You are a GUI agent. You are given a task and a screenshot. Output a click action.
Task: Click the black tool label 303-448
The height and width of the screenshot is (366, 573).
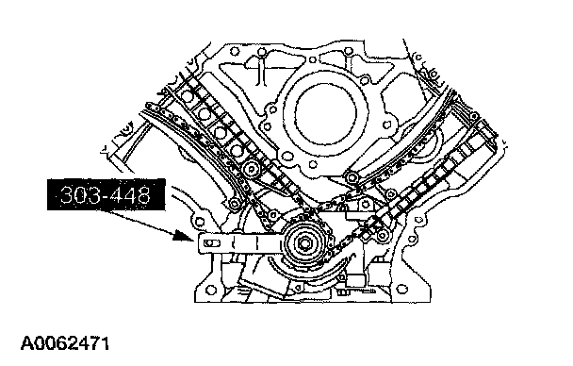106,194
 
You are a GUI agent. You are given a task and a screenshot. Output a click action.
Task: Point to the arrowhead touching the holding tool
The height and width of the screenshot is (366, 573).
184,236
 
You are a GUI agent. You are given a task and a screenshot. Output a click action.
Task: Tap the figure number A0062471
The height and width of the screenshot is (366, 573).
65,343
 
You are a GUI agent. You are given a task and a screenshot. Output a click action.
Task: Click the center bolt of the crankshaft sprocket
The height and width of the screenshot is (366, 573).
303,242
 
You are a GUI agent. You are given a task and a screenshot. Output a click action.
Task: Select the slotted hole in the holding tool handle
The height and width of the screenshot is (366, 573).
212,242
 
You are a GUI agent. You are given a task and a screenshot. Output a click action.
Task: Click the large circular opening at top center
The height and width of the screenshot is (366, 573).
325,112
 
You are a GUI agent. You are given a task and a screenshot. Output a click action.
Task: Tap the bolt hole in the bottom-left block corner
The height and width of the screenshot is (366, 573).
210,290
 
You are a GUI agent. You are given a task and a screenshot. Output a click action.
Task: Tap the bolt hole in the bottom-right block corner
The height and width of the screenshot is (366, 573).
402,289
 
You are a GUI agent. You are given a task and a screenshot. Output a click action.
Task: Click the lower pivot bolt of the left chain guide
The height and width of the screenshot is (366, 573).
234,203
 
